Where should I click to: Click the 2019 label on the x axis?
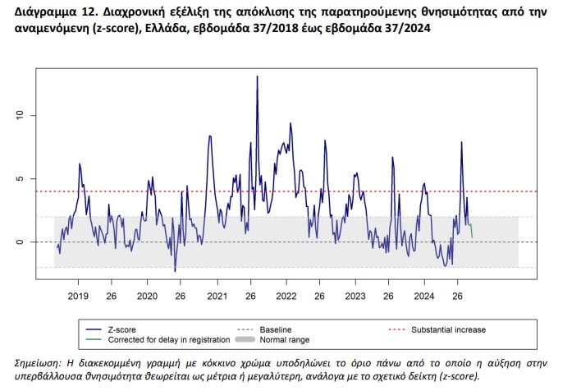(x=78, y=296)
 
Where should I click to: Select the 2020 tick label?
(x=147, y=296)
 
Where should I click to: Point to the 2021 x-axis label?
(x=217, y=296)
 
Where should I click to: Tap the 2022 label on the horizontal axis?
(x=286, y=296)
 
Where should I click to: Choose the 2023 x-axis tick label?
(x=355, y=296)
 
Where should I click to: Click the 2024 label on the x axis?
(x=424, y=296)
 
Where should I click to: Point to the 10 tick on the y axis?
(x=20, y=115)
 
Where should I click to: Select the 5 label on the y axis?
(x=20, y=178)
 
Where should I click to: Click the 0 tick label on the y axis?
(x=20, y=241)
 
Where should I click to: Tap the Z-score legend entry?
(x=122, y=329)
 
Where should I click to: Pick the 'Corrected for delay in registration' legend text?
(x=169, y=340)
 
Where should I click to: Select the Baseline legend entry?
(x=276, y=329)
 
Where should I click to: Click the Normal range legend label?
(x=285, y=340)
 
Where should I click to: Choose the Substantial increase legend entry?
(x=448, y=329)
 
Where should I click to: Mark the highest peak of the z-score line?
(x=257, y=76)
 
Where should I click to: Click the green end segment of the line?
(x=471, y=230)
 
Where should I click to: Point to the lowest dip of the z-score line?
(x=176, y=271)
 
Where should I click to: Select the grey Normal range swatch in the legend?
(x=245, y=339)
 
